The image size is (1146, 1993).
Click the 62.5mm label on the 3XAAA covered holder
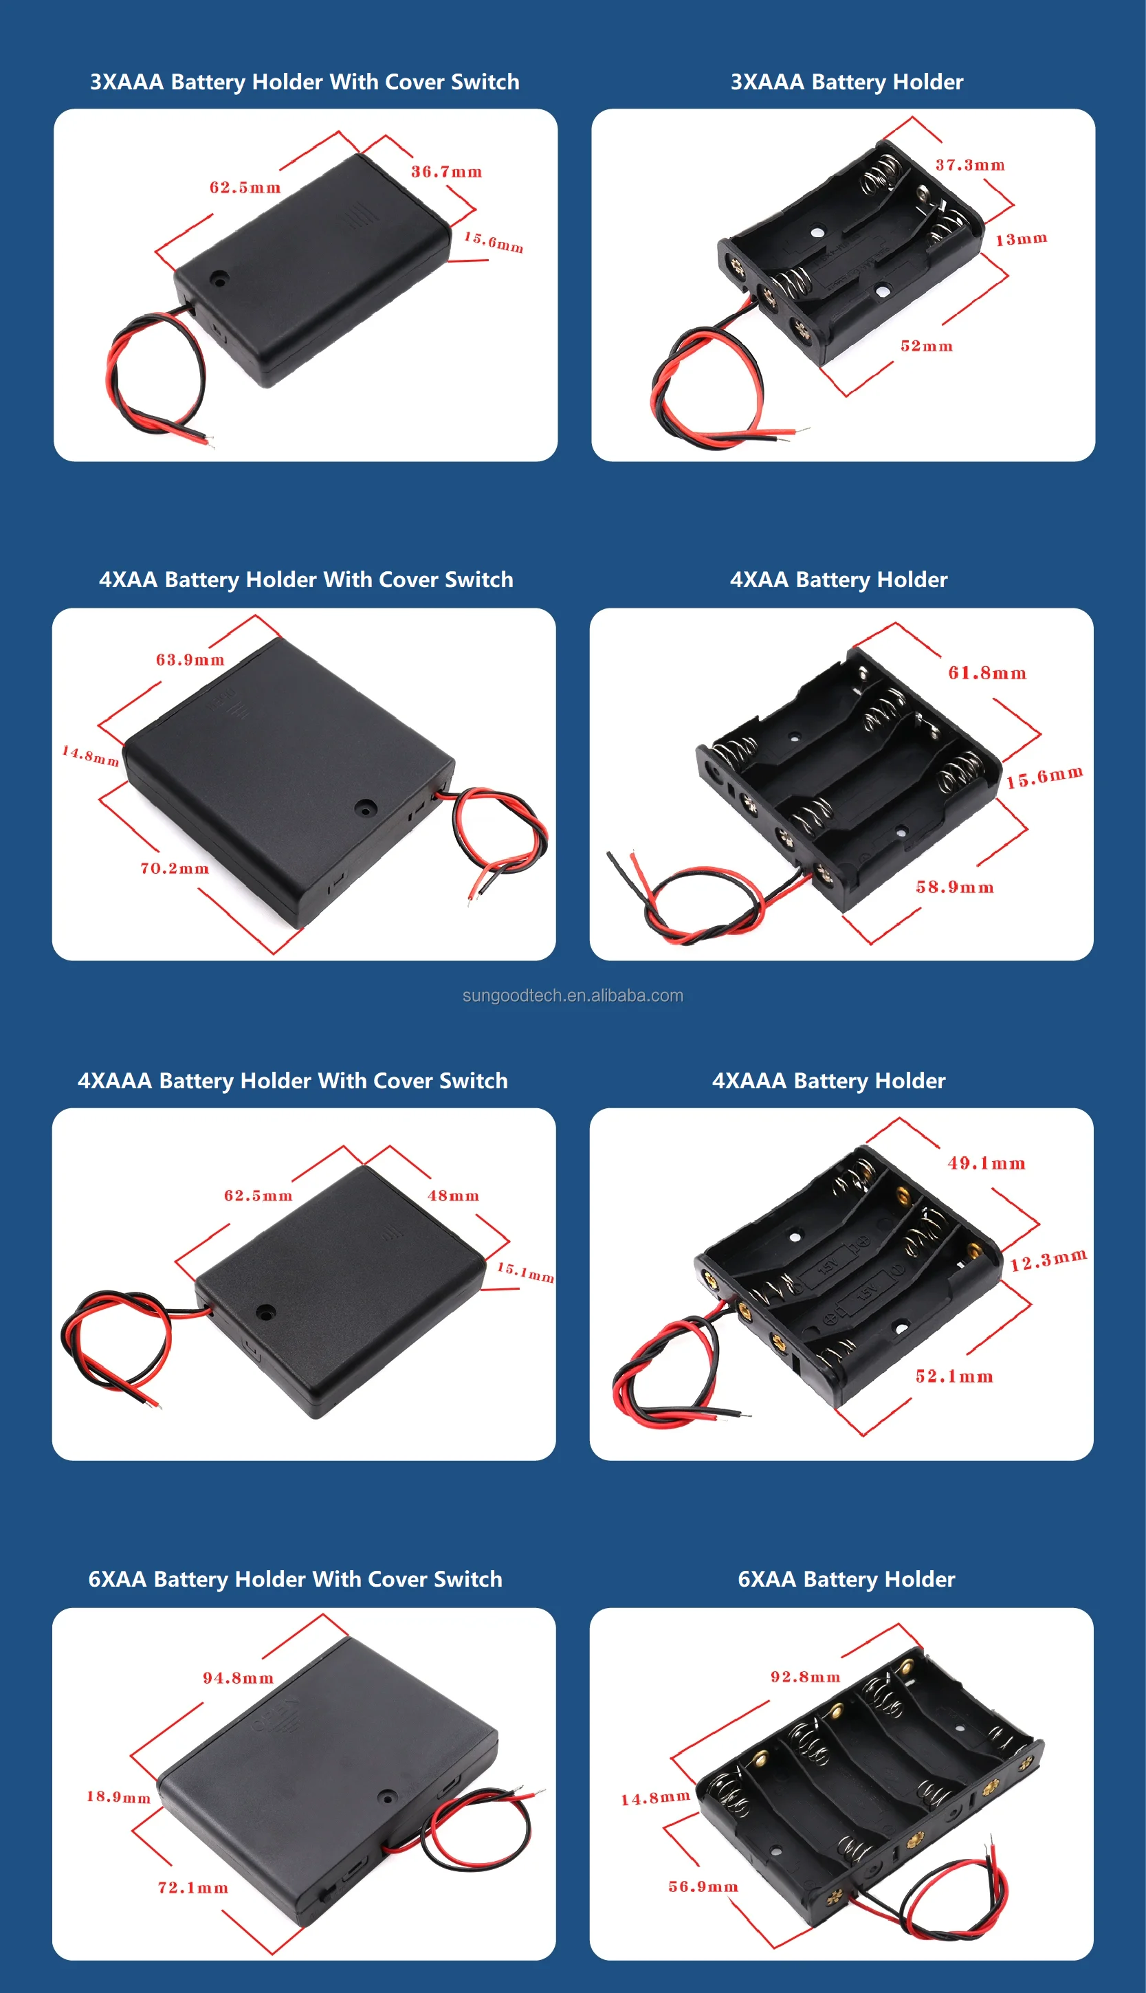click(x=245, y=187)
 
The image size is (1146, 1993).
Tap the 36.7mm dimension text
click(x=446, y=172)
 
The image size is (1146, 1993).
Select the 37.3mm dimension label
click(x=970, y=165)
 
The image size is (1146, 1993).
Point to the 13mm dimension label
click(x=1021, y=239)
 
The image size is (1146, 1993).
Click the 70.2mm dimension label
click(x=175, y=868)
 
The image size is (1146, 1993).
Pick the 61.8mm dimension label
click(x=987, y=673)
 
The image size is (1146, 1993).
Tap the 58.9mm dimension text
click(x=954, y=887)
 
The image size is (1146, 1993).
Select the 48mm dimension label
click(x=452, y=1196)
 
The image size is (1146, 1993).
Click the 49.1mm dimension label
click(x=987, y=1163)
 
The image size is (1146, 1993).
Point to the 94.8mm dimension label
click(x=238, y=1678)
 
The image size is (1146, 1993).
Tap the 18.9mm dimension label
click(x=118, y=1796)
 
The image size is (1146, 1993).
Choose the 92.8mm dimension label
click(x=805, y=1677)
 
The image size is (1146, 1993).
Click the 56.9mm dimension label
click(x=703, y=1886)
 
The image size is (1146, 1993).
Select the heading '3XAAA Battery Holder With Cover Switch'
click(x=305, y=82)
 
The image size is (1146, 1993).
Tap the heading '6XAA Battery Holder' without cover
click(x=846, y=1579)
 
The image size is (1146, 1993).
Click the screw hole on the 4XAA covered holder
click(x=365, y=807)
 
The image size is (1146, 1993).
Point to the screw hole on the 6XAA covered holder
click(x=387, y=1797)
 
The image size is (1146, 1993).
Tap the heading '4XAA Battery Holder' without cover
click(x=838, y=580)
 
